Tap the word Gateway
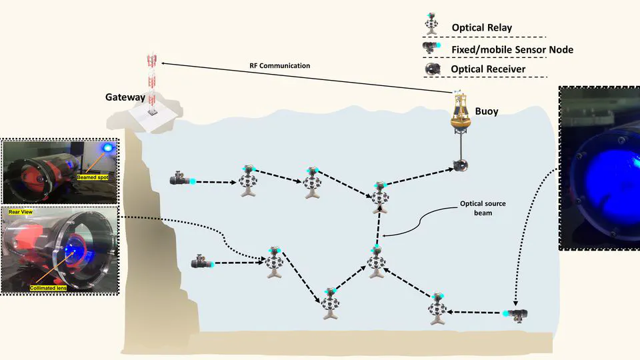[x=125, y=97]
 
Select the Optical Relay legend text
[x=482, y=28]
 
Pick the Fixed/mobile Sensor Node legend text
[x=512, y=49]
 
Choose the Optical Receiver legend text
[x=488, y=69]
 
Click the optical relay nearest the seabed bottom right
[x=437, y=309]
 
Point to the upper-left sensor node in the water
[x=181, y=179]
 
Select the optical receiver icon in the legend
[x=433, y=69]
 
